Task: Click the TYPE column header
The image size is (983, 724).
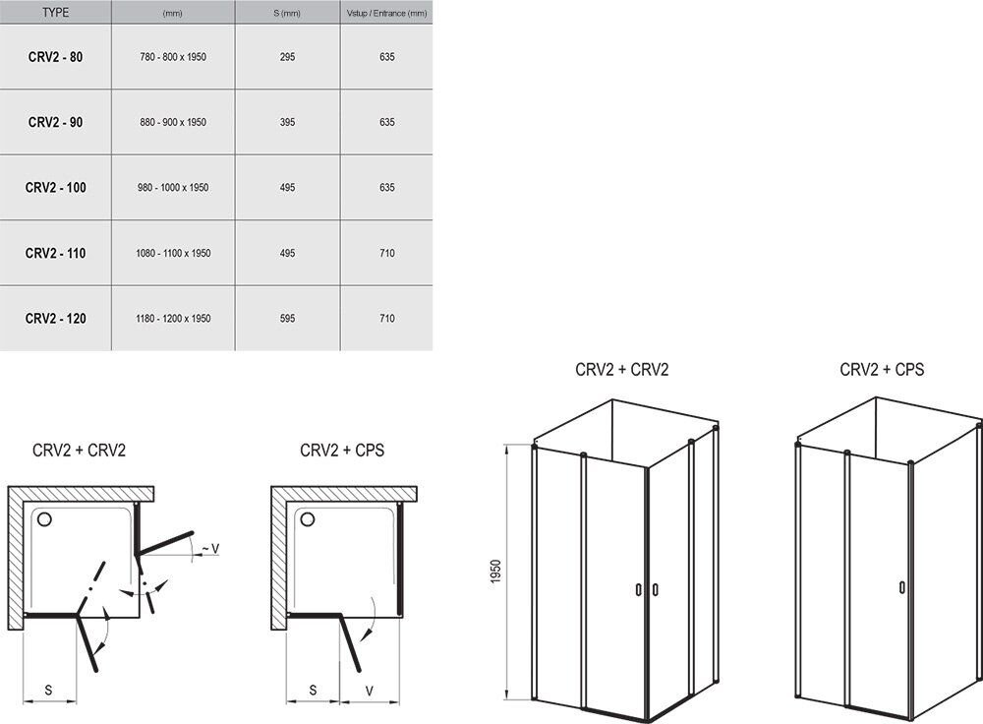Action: pyautogui.click(x=56, y=13)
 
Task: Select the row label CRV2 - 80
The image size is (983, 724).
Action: pyautogui.click(x=55, y=57)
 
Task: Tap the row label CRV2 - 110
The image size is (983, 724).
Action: pyautogui.click(x=55, y=254)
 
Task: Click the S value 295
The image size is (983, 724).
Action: pyautogui.click(x=287, y=57)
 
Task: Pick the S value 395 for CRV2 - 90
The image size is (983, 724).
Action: pyautogui.click(x=287, y=122)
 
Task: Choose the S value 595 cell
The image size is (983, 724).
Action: pyautogui.click(x=287, y=319)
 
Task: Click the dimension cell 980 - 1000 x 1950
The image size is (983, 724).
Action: pyautogui.click(x=173, y=188)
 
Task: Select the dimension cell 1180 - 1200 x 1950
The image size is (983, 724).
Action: pyautogui.click(x=173, y=319)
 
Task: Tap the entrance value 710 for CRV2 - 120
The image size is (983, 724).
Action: pyautogui.click(x=386, y=319)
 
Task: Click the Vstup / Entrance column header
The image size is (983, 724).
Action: pyautogui.click(x=386, y=13)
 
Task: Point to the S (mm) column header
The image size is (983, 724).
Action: pyautogui.click(x=287, y=13)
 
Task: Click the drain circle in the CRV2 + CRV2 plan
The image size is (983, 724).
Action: pyautogui.click(x=44, y=518)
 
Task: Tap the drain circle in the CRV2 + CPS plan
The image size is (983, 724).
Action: pyautogui.click(x=308, y=518)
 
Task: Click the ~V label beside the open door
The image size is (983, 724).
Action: pyautogui.click(x=210, y=549)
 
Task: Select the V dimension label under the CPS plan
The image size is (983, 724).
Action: pyautogui.click(x=370, y=691)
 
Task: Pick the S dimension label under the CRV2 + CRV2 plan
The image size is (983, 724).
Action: pyautogui.click(x=48, y=691)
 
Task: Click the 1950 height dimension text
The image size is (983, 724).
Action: pyautogui.click(x=495, y=572)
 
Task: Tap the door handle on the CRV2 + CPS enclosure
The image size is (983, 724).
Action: pyautogui.click(x=901, y=587)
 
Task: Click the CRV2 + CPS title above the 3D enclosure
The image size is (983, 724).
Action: pyautogui.click(x=882, y=370)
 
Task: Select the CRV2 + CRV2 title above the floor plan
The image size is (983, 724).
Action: pyautogui.click(x=79, y=450)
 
